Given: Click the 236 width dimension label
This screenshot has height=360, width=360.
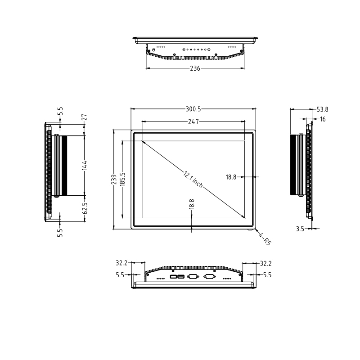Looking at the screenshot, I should click(x=194, y=68).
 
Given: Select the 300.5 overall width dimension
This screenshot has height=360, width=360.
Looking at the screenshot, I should click(x=193, y=109).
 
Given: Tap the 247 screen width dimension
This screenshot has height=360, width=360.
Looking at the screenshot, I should click(x=193, y=121).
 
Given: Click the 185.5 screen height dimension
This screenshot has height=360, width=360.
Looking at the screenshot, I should click(x=122, y=179).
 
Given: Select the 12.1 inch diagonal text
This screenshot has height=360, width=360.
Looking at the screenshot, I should click(x=193, y=179).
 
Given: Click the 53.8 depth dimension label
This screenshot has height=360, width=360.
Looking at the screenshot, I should click(x=322, y=109).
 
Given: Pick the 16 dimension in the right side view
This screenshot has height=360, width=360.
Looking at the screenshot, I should click(x=323, y=119).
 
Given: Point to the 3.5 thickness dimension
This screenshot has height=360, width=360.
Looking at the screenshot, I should click(x=300, y=229).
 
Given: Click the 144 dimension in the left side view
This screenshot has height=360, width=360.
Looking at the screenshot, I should click(x=84, y=166).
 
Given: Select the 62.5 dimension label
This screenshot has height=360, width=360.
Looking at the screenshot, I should click(x=84, y=208).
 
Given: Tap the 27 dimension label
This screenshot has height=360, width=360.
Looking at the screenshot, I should click(x=84, y=117).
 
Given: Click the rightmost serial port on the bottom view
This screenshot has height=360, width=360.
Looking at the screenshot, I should click(x=209, y=276).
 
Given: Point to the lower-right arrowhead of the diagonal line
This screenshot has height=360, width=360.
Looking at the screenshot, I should click(x=243, y=216).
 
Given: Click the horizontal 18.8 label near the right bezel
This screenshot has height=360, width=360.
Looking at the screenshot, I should click(x=231, y=177).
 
